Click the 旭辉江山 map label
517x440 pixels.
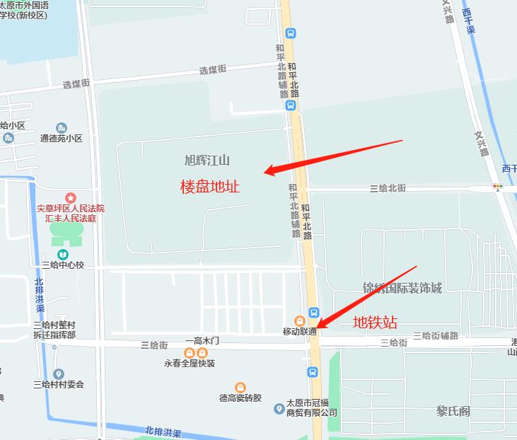pos(207,160)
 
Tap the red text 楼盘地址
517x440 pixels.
pos(210,187)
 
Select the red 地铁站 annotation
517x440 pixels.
pos(375,323)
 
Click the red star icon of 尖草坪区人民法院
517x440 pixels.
pos(70,197)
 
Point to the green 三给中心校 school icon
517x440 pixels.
pos(62,253)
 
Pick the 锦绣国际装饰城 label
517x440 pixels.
pos(402,288)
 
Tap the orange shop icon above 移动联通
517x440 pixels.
pos(300,320)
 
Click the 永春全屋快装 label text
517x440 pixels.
pos(189,364)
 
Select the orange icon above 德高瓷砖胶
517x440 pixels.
pos(240,387)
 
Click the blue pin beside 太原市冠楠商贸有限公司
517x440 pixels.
pos(279,407)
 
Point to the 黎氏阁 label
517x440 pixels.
pos(453,411)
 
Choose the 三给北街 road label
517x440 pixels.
pos(388,188)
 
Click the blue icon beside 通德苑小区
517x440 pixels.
pos(63,127)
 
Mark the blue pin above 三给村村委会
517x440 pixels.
pos(58,374)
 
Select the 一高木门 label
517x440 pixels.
pos(202,340)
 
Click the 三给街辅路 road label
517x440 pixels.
pos(436,335)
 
